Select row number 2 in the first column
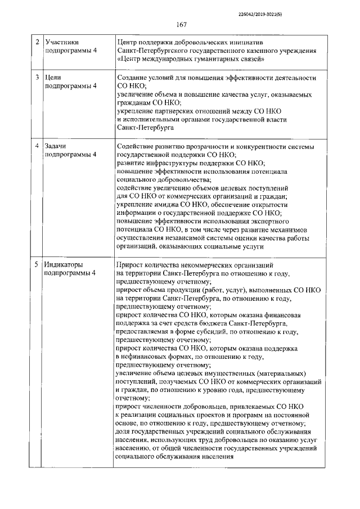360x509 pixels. [x=37, y=42]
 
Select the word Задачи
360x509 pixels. [x=57, y=146]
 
